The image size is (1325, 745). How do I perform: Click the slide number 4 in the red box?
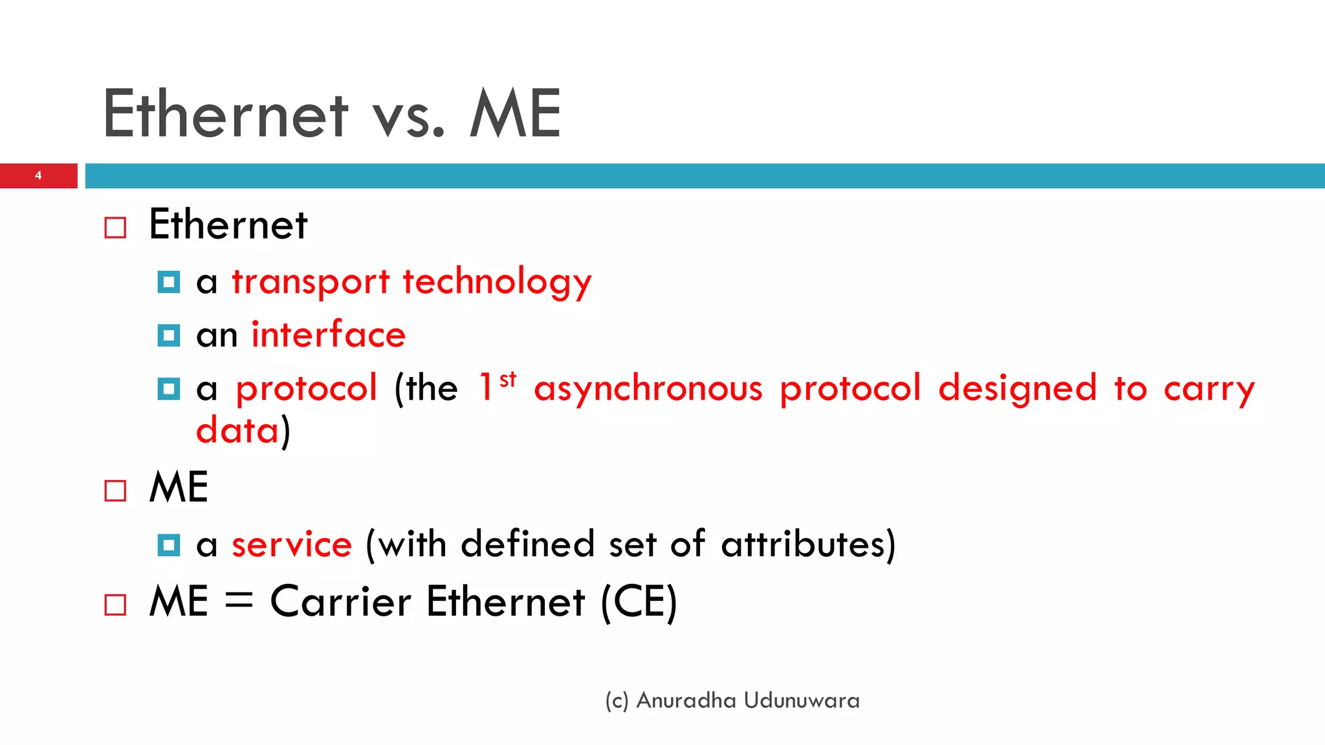(38, 175)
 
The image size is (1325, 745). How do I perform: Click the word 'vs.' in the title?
(408, 115)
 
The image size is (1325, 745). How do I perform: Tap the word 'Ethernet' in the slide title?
(225, 114)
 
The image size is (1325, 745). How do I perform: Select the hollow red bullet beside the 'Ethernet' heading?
(115, 228)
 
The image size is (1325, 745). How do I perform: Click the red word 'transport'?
(311, 283)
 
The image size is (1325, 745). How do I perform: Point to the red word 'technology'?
(497, 283)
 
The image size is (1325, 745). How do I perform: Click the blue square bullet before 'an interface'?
(169, 336)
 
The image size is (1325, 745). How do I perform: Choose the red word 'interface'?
(328, 335)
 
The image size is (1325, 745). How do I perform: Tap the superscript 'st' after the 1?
(509, 379)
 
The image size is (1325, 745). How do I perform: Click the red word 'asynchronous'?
(648, 389)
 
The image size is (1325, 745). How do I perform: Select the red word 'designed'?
(1018, 388)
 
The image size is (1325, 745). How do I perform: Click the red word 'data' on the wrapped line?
(237, 431)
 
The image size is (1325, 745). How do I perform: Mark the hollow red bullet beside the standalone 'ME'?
(115, 491)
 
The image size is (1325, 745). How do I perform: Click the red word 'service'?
(292, 545)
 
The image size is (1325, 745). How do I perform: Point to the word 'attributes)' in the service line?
(808, 545)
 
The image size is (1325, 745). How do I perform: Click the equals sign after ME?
(239, 600)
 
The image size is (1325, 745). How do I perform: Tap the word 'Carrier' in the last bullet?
(340, 601)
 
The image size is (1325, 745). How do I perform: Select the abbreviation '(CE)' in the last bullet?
(639, 602)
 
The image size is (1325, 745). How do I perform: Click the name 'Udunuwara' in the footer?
(802, 700)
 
